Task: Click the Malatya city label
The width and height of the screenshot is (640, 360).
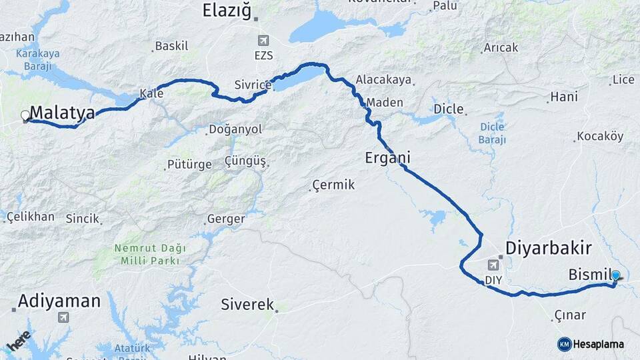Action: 62,113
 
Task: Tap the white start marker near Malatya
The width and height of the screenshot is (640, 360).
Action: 26,115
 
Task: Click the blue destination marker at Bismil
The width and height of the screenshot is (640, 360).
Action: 615,275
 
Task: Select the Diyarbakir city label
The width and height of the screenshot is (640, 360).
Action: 548,248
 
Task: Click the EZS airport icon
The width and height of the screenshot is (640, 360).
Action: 264,41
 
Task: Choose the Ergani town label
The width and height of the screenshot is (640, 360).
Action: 387,158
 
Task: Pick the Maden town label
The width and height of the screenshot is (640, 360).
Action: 385,103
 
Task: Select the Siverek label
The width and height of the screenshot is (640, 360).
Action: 247,305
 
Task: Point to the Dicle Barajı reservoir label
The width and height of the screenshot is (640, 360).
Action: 492,133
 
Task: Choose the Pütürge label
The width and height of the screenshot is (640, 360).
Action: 189,165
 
